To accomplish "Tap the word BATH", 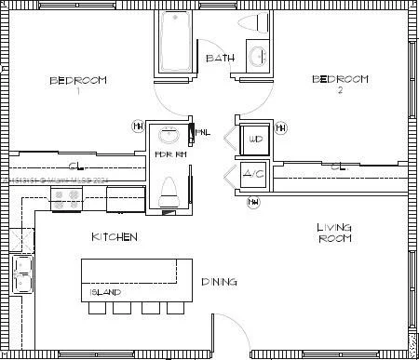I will [220, 58].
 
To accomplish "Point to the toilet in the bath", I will [248, 22].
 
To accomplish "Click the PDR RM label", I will [169, 154].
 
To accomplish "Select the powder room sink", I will [169, 134].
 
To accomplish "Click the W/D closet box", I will [253, 140].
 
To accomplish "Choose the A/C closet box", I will [253, 174].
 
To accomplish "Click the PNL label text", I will [202, 133].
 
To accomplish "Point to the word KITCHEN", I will [115, 237].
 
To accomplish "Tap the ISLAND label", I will [104, 292].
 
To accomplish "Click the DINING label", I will [218, 281].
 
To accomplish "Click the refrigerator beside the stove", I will [124, 198].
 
